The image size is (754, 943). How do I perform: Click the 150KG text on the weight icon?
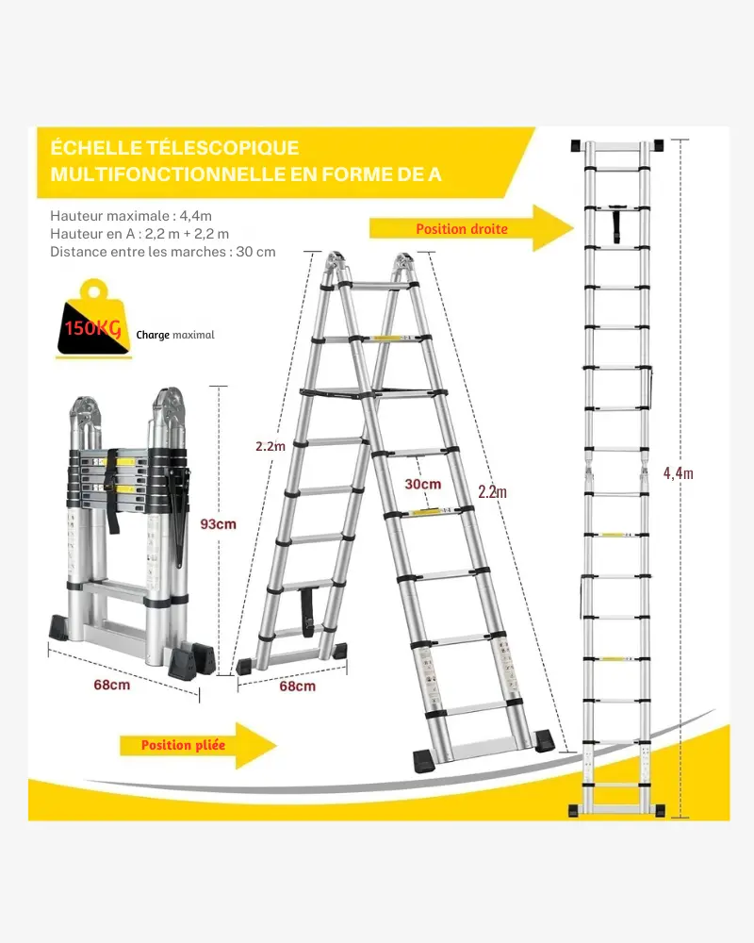[x=92, y=329]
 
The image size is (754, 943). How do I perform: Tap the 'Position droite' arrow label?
[x=462, y=229]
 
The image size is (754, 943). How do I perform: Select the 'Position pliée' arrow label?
[x=183, y=745]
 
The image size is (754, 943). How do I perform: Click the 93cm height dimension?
[x=220, y=523]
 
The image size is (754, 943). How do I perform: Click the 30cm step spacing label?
[x=423, y=484]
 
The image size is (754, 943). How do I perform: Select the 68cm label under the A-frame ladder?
[x=298, y=687]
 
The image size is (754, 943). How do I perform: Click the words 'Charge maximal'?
[x=175, y=335]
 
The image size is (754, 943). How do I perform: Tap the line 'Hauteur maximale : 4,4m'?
[x=131, y=215]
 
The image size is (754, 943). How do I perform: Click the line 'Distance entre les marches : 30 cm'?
[x=163, y=252]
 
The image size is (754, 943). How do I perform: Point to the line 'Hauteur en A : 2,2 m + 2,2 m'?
[x=139, y=234]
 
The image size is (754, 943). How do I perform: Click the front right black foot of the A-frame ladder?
[x=544, y=739]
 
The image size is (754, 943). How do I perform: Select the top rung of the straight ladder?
[x=617, y=148]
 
